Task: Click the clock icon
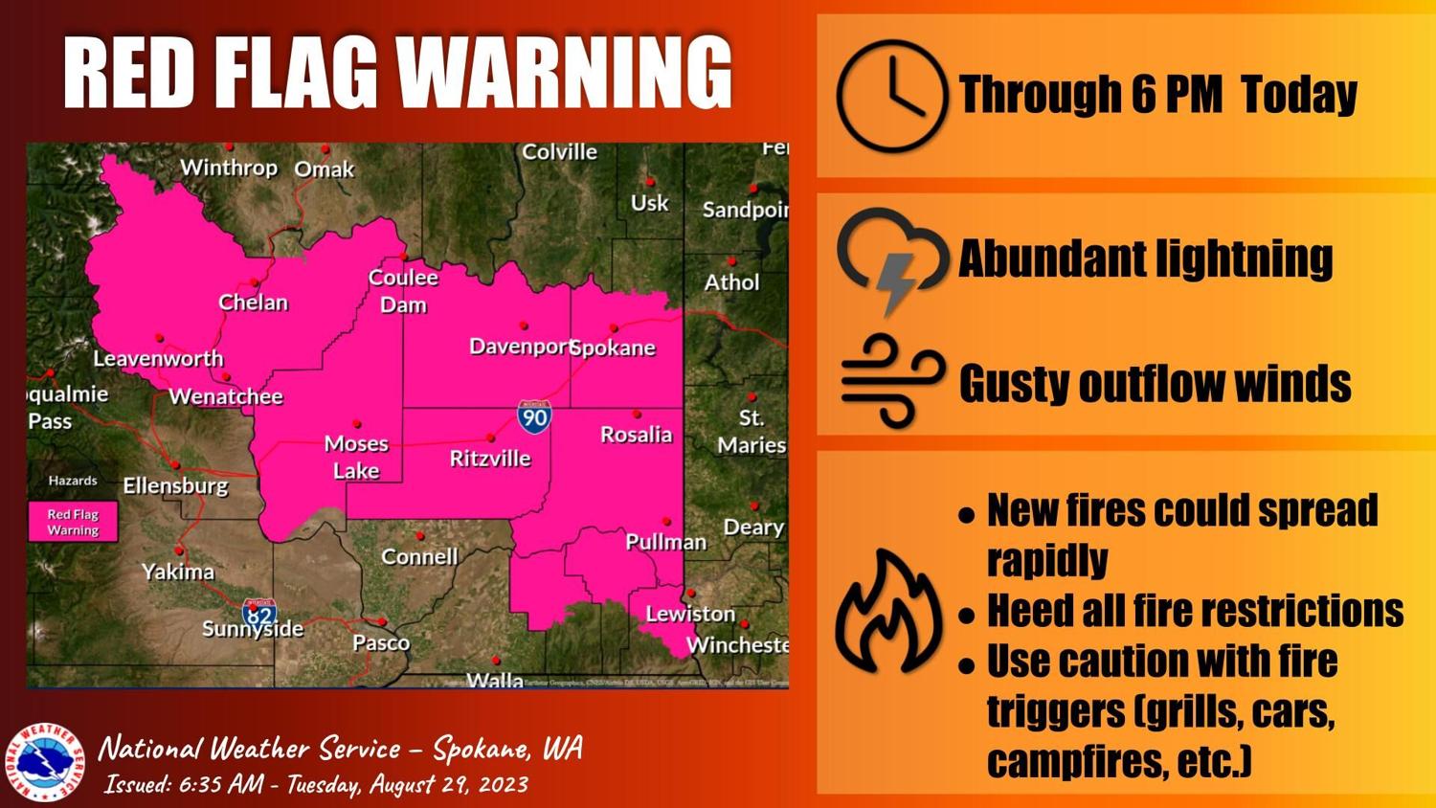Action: pos(891,96)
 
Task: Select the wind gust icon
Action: pos(890,380)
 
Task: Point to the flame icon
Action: pos(887,613)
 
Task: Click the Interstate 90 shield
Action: pos(534,416)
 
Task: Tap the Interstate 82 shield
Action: pos(259,613)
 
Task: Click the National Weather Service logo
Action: pos(44,762)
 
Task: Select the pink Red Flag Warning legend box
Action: pos(73,522)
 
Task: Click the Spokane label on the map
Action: pos(614,348)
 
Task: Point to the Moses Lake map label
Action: pos(356,457)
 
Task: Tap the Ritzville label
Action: pos(490,459)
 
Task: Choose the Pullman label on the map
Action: pos(665,542)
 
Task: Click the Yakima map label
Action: pos(178,572)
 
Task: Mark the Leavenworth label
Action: pos(158,359)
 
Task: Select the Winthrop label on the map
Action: pos(229,168)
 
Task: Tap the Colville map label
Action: pos(559,152)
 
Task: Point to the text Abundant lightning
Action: pos(1145,258)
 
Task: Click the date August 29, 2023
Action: pos(449,784)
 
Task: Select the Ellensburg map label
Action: pos(176,485)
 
